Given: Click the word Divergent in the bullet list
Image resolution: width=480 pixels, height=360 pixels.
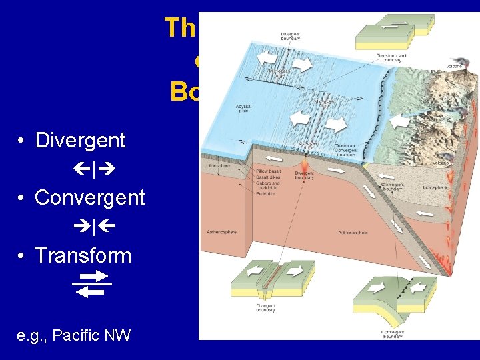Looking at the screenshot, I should coord(80,141).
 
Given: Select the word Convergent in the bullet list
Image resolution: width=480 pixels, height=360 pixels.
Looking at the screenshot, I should coord(89,198).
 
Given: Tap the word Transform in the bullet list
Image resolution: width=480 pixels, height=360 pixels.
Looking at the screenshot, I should coord(83,255).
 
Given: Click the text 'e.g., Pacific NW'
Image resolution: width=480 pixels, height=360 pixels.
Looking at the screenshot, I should coord(74,335).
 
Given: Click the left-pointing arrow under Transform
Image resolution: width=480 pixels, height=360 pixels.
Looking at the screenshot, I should coord(91,291).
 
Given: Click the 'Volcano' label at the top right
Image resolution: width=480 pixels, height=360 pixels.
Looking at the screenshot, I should coord(455,67).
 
